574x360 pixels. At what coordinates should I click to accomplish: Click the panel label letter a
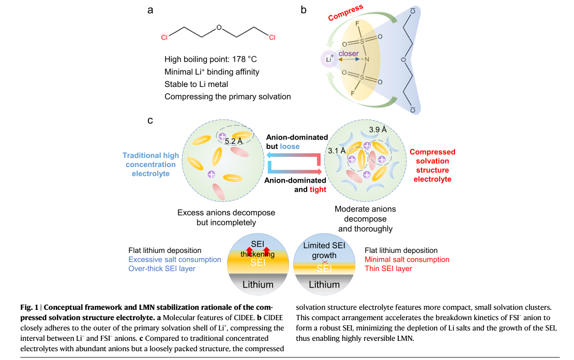point(150,10)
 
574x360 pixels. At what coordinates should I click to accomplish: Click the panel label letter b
point(304,9)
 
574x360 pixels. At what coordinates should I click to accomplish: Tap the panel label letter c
point(150,121)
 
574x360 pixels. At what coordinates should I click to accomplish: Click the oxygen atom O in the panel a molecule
point(219,27)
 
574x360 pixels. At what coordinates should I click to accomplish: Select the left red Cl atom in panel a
point(164,37)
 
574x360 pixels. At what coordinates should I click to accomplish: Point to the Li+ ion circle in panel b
point(329,58)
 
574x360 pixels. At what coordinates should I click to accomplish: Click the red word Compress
point(345,12)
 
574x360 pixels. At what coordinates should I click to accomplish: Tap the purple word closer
point(349,53)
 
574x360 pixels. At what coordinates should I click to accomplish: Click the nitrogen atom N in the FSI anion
point(367,59)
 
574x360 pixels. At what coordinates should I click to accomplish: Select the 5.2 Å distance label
point(234,141)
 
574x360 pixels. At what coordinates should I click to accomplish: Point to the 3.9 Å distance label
point(378,130)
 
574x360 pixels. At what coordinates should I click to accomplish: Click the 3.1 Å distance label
point(337,151)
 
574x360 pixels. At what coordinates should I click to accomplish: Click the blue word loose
point(290,146)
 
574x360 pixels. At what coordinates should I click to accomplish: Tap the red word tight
point(318,189)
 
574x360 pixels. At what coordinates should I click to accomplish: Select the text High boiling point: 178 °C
point(211,59)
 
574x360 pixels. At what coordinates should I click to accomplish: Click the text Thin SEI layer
point(388,268)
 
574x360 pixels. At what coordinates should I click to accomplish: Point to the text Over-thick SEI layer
point(162,268)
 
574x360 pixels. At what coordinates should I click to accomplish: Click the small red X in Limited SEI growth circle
point(325,262)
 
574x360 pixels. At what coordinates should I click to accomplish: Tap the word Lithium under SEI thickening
point(258,284)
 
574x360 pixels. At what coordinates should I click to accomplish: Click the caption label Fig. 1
point(29,307)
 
